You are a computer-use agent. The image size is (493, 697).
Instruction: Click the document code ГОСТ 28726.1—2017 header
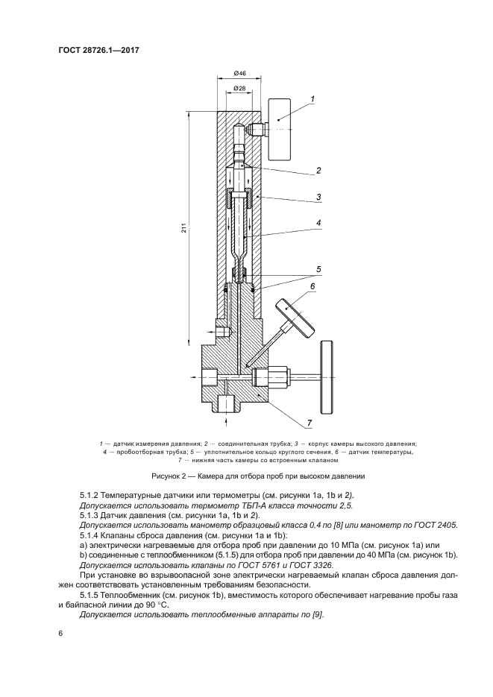pos(99,50)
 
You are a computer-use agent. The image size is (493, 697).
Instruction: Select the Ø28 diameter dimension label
pos(240,89)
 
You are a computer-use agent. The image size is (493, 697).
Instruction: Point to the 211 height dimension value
pos(183,229)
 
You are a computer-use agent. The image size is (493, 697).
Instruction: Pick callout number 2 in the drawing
pos(318,170)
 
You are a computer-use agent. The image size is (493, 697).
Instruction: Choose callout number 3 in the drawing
pos(318,197)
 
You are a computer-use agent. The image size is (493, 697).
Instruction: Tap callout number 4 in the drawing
pos(318,222)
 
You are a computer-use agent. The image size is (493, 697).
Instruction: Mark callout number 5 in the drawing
pos(318,268)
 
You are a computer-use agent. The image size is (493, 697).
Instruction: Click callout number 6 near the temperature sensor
pos(313,286)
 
